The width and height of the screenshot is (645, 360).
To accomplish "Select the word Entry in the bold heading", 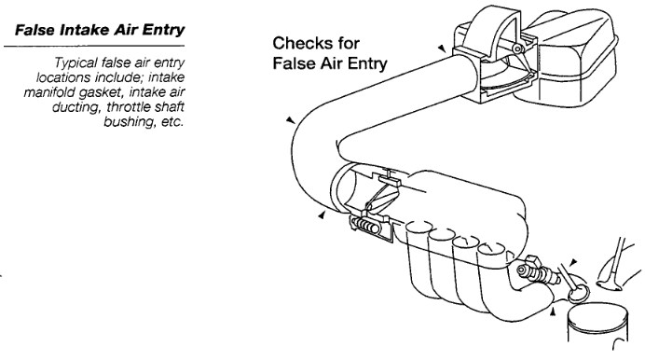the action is pos(162,31).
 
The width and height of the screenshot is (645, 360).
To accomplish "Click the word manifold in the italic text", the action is pos(49,92).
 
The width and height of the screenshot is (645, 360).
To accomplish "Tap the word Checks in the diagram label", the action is pos(296,43).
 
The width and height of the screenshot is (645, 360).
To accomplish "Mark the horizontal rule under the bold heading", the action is pos(94,46).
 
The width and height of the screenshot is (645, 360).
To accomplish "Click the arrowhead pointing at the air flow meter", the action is pos(442,48).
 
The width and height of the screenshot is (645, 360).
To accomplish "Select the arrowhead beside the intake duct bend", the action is pos(291,119).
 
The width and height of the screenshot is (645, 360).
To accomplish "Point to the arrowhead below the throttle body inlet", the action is pos(322,215).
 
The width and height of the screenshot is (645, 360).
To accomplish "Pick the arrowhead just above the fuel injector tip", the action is pos(573,262).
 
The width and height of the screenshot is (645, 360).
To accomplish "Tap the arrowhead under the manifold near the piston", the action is pos(553,312).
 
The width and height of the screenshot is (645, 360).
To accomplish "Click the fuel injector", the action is pos(538,272).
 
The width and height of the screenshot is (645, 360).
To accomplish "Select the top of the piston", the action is pos(597,315).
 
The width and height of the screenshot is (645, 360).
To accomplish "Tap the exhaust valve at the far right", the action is pos(614,268).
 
